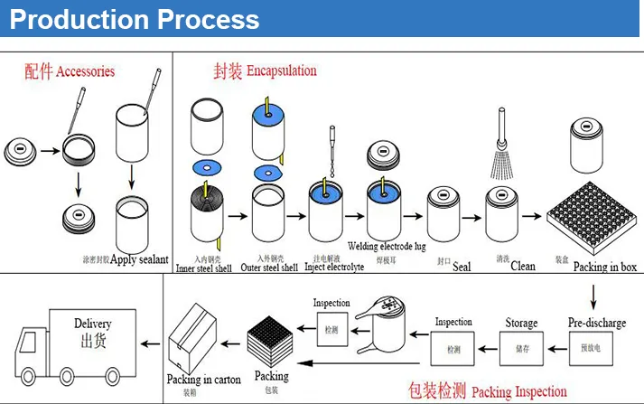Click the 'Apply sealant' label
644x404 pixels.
coord(138,260)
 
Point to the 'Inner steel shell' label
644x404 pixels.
coord(203,268)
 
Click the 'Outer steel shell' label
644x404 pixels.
coord(269,268)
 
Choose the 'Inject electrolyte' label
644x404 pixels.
coord(334,268)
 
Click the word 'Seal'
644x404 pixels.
coord(462,267)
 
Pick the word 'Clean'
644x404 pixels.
coord(523,267)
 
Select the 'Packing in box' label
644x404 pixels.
coord(604,267)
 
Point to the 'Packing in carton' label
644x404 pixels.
coord(204,380)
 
